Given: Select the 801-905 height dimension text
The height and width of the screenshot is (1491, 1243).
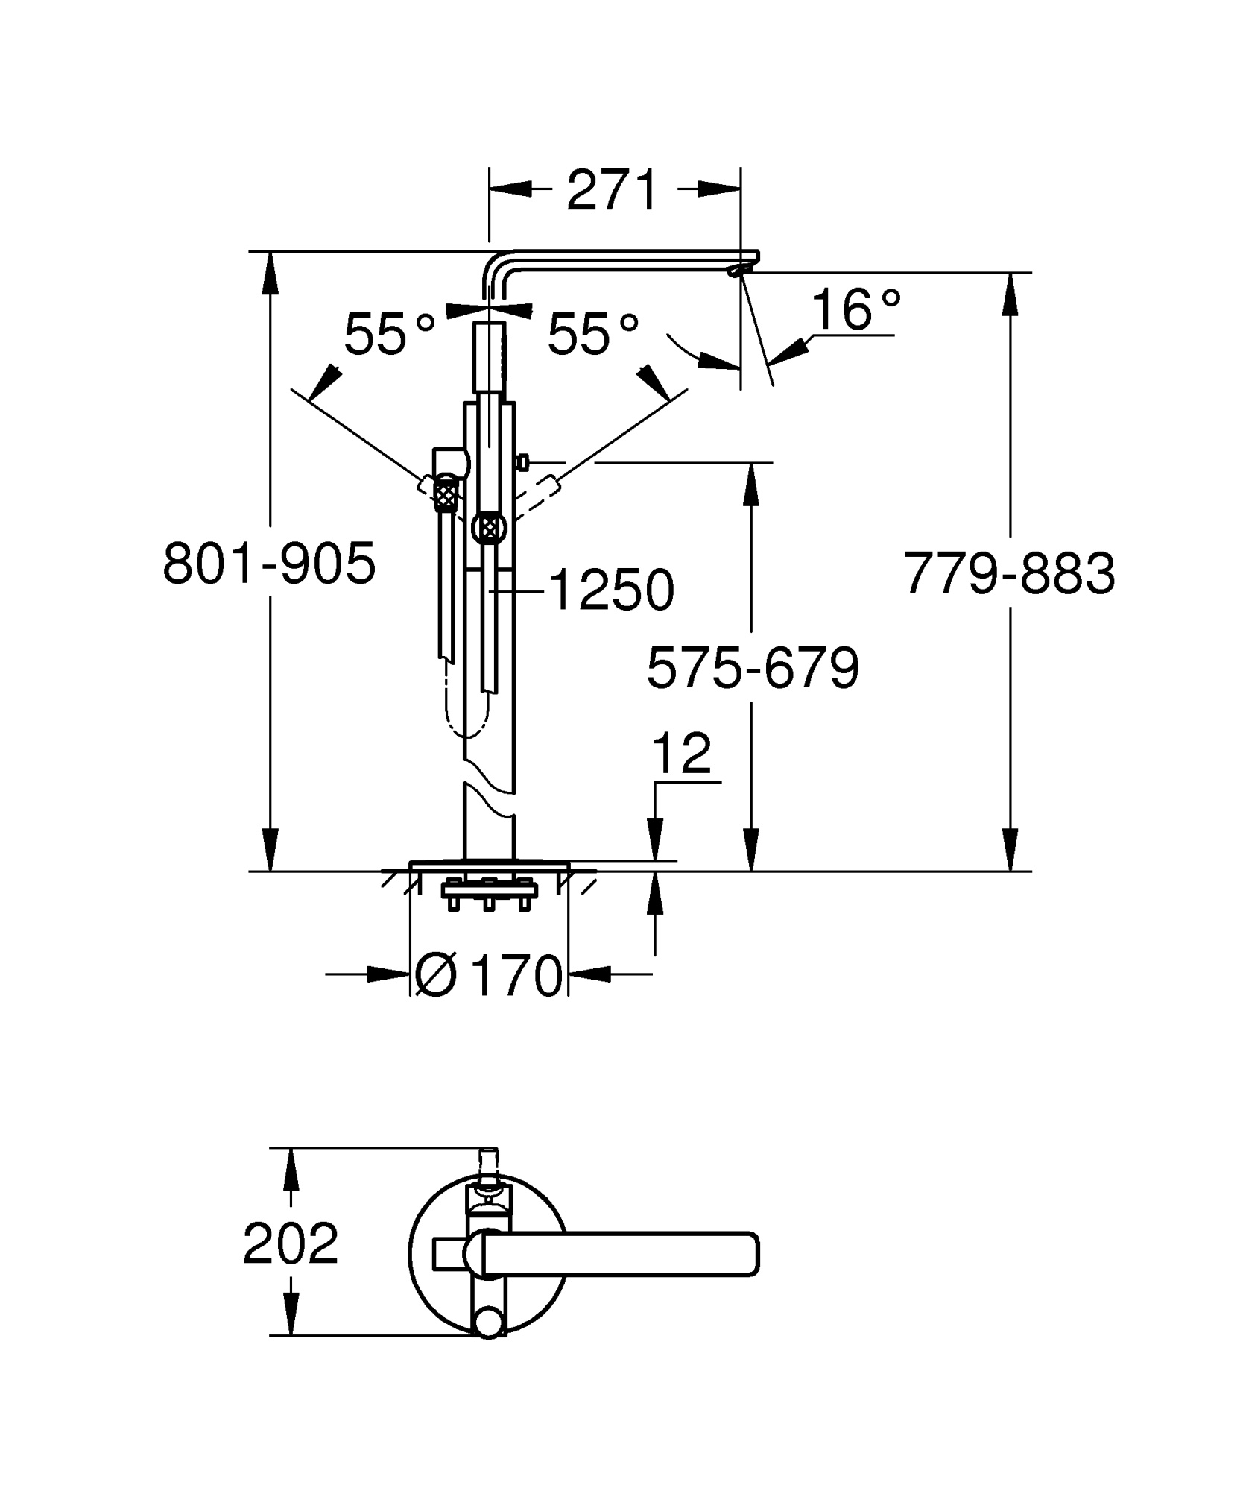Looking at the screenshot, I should [x=269, y=564].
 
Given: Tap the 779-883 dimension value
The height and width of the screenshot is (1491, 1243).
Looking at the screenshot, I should [x=1009, y=573].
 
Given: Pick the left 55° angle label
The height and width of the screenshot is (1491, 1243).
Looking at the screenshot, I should [x=389, y=334].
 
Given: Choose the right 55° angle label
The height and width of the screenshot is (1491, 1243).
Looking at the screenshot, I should [x=593, y=334].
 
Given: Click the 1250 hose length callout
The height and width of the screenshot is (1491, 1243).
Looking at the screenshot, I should [x=611, y=590].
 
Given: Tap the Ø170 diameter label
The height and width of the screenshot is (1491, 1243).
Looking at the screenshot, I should [x=488, y=975].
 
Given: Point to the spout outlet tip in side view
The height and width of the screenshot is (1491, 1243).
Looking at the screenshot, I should [x=738, y=271].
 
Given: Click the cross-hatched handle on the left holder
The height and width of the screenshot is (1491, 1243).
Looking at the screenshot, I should [x=445, y=494].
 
